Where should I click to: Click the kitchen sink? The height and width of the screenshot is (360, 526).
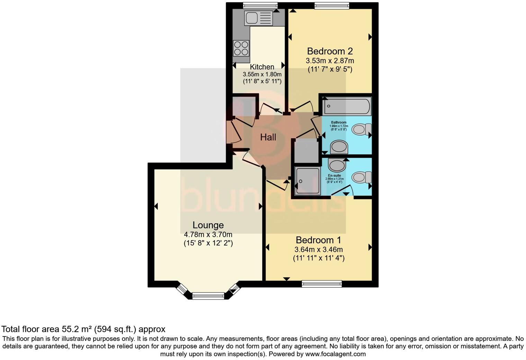tap(259, 18)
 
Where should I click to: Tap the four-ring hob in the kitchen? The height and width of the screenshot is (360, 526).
tap(241, 48)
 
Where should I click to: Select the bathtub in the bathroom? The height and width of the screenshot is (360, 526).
tap(346, 106)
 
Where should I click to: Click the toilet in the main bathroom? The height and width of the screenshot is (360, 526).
tap(361, 130)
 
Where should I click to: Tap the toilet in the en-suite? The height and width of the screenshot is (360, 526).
tap(361, 178)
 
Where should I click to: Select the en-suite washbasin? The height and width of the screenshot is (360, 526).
tap(337, 165)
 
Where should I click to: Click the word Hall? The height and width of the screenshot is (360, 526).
tap(268, 137)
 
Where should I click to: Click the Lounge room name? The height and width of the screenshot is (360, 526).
tap(208, 225)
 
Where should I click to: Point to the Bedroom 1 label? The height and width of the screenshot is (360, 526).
tap(318, 240)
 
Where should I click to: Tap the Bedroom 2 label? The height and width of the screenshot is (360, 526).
tap(330, 51)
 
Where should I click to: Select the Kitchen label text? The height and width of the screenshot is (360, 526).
tap(262, 67)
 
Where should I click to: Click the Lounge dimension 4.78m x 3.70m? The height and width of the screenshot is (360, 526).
tap(208, 234)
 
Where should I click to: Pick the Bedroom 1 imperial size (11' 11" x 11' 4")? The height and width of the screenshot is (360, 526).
tap(318, 258)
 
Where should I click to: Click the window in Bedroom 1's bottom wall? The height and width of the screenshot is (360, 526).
tap(322, 284)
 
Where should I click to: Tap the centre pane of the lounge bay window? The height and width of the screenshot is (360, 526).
tap(208, 296)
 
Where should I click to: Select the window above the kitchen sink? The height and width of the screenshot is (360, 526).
tap(260, 5)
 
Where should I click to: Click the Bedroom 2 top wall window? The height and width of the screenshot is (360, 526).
tap(332, 5)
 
